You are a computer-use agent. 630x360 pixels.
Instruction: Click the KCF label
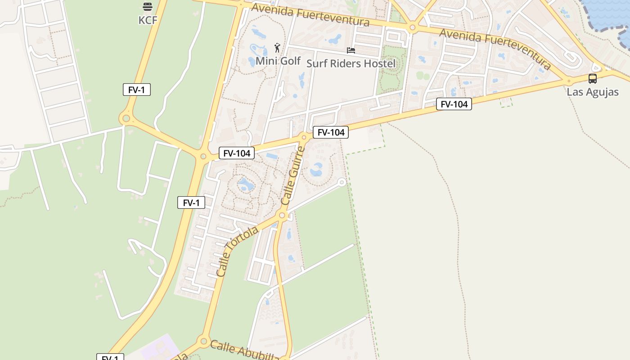[148, 20]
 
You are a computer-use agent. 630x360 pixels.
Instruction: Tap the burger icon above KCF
[148, 7]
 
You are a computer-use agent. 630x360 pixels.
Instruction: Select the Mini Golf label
[278, 61]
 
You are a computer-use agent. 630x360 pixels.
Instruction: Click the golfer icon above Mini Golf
[277, 47]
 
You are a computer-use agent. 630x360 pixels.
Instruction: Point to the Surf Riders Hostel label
[351, 63]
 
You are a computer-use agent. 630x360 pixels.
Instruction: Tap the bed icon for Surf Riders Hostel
[351, 50]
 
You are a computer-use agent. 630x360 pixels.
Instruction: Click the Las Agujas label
[592, 92]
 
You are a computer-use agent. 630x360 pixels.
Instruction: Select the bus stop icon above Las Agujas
[592, 79]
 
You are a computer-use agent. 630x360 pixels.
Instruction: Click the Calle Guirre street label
[293, 176]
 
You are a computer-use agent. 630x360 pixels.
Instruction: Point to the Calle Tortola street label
[237, 251]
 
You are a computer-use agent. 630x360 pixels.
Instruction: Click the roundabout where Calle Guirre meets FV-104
[304, 137]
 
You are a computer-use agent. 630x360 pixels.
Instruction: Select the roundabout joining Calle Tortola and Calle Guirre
[282, 216]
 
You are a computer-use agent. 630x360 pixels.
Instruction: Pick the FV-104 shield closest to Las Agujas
[454, 104]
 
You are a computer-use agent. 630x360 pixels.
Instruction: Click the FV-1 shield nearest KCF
[136, 90]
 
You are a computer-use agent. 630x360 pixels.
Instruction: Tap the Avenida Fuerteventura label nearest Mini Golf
[310, 14]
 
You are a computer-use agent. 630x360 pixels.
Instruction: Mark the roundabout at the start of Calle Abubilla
[203, 341]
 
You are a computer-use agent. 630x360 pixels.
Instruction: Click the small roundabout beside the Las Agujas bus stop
[569, 81]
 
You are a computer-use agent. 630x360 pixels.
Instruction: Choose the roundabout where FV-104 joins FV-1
[203, 157]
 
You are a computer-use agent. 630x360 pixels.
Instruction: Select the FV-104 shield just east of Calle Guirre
[331, 132]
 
